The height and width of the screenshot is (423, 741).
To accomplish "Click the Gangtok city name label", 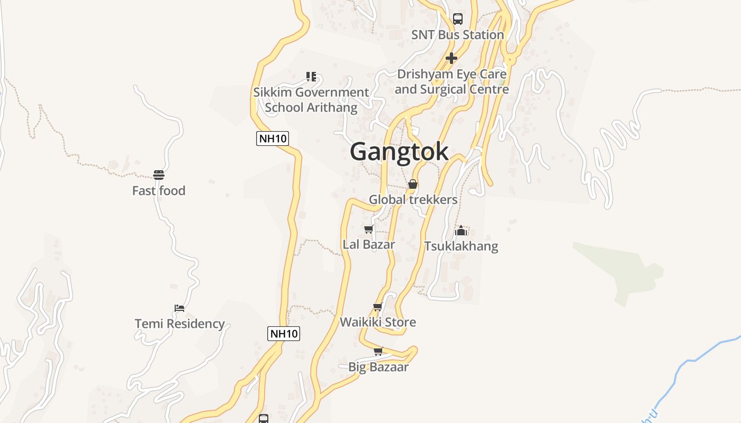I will pyautogui.click(x=399, y=152).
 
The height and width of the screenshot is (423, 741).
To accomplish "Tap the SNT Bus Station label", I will pyautogui.click(x=458, y=35).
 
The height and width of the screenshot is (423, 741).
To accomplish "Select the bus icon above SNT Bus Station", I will pyautogui.click(x=458, y=19).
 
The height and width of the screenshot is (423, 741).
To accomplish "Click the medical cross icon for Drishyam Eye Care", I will pyautogui.click(x=451, y=58).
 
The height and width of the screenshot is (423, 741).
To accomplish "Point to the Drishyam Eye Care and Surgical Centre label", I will pyautogui.click(x=451, y=82).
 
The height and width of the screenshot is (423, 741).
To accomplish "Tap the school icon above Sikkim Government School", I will pyautogui.click(x=311, y=77).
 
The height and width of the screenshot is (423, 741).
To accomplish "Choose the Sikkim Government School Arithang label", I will pyautogui.click(x=311, y=100).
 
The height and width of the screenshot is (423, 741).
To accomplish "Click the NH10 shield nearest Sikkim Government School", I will pyautogui.click(x=273, y=139).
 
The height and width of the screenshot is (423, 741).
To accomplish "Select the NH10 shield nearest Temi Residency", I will pyautogui.click(x=284, y=334).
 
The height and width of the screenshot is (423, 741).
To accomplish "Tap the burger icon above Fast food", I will pyautogui.click(x=159, y=175).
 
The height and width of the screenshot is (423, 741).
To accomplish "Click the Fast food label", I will pyautogui.click(x=159, y=191).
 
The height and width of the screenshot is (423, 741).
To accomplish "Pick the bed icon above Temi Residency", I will pyautogui.click(x=179, y=308).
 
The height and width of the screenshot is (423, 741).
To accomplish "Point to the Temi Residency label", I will pyautogui.click(x=179, y=324).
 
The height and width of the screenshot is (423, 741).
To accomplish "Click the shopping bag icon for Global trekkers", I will pyautogui.click(x=413, y=184).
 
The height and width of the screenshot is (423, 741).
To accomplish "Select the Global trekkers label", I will pyautogui.click(x=413, y=200).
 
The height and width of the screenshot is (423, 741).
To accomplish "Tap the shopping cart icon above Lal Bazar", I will pyautogui.click(x=369, y=229).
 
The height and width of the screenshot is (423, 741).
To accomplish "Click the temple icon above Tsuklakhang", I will pyautogui.click(x=461, y=231).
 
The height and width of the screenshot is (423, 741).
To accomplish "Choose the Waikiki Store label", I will pyautogui.click(x=378, y=322).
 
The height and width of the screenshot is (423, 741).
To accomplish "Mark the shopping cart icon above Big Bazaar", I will pyautogui.click(x=378, y=352).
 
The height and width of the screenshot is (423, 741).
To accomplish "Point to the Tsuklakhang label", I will pyautogui.click(x=461, y=246).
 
